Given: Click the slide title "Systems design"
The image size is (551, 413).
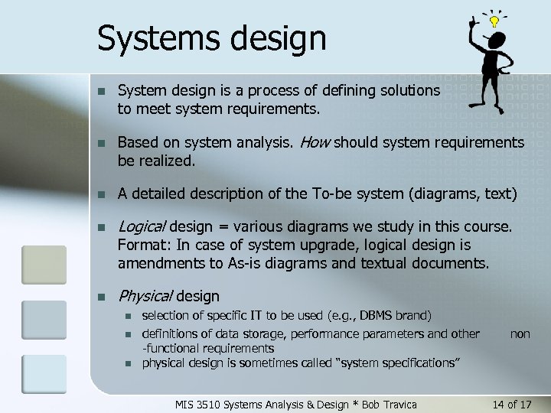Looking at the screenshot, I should [212, 38].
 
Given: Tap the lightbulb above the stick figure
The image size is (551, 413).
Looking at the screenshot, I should [495, 21].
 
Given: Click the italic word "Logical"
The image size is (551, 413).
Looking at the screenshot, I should [142, 226].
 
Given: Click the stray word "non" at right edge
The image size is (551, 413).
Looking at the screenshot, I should [520, 333].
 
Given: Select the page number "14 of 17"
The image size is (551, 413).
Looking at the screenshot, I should [509, 403].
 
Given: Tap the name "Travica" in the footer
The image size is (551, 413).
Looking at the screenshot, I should [399, 403].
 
